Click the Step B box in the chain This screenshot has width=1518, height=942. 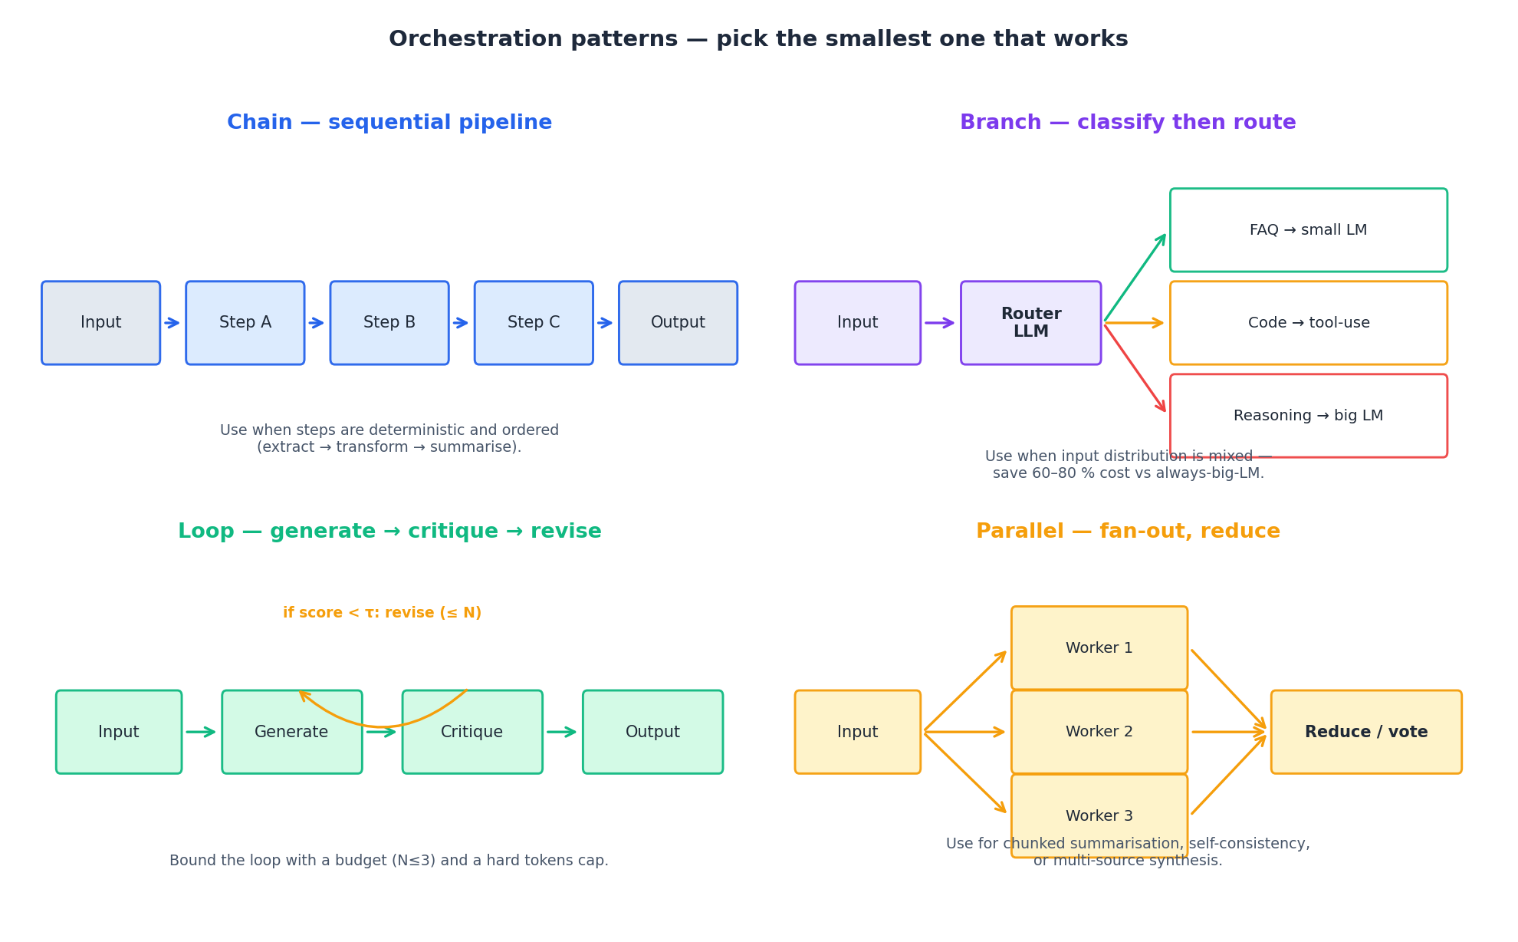point(389,323)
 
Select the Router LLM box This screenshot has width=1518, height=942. point(1030,323)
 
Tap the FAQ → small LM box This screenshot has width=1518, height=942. point(1308,230)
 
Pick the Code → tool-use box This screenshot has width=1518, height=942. point(1308,323)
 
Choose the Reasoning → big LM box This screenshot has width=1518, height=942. point(1308,416)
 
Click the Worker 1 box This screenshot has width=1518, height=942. point(1099,648)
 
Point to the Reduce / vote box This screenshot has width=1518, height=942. point(1365,732)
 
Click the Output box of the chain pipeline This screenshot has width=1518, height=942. point(678,323)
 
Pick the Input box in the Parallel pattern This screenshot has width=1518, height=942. point(857,732)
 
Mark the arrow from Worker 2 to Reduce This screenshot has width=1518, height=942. point(1228,732)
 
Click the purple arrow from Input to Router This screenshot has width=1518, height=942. point(939,323)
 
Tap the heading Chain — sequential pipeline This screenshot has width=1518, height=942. point(389,123)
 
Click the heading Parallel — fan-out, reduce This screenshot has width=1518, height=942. point(1128,532)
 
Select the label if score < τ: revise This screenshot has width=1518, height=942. point(382,613)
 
